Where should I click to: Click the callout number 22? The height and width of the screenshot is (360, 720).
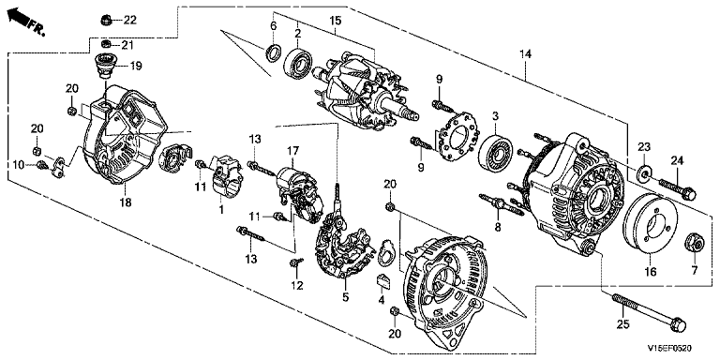pyautogui.click(x=130, y=20)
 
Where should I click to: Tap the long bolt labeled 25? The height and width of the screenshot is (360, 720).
pyautogui.click(x=649, y=312)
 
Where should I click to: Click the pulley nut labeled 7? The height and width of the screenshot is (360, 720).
pyautogui.click(x=694, y=243)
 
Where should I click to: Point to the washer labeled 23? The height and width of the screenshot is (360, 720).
pyautogui.click(x=644, y=172)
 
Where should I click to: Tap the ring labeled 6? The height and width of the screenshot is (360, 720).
pyautogui.click(x=273, y=52)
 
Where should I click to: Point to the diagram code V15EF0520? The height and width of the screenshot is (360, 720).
pyautogui.click(x=669, y=350)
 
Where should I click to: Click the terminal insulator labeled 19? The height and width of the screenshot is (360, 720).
pyautogui.click(x=105, y=67)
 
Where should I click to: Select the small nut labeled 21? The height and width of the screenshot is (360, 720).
pyautogui.click(x=106, y=44)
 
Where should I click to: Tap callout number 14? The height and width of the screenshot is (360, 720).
pyautogui.click(x=525, y=54)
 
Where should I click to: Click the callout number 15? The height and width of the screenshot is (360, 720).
pyautogui.click(x=336, y=21)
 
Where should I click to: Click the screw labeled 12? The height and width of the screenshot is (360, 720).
pyautogui.click(x=296, y=262)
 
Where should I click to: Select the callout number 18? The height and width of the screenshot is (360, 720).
pyautogui.click(x=126, y=202)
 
